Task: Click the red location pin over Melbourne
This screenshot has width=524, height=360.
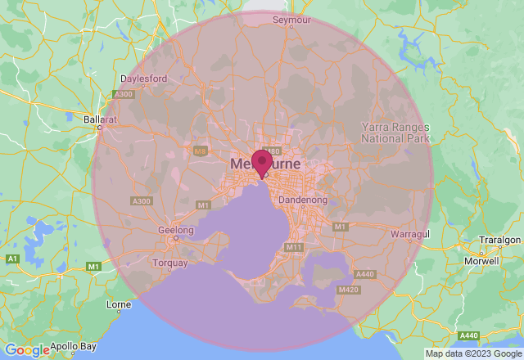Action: click(262, 162)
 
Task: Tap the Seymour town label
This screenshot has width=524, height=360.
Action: click(292, 20)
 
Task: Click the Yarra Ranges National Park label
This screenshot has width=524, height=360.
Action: click(395, 133)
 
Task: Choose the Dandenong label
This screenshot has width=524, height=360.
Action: click(303, 200)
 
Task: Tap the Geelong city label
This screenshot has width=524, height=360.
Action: click(176, 231)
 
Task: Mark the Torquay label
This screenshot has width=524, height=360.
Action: click(170, 263)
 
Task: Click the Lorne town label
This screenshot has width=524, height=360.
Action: click(119, 304)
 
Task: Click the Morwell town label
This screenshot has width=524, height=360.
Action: click(481, 262)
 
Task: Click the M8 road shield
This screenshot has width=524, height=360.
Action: click(200, 151)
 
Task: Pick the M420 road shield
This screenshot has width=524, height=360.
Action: click(349, 289)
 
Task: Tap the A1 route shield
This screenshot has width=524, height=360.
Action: click(12, 259)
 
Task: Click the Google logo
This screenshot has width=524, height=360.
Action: click(27, 350)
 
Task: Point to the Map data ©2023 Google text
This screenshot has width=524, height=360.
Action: click(472, 353)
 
